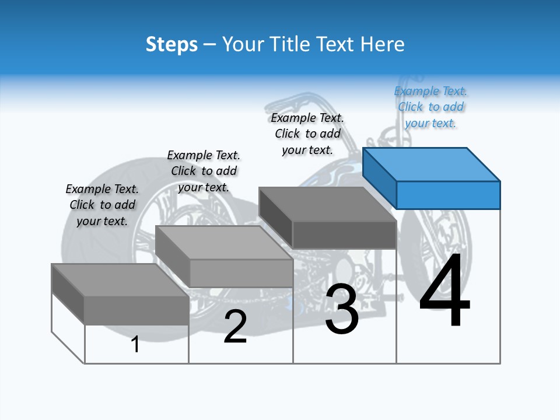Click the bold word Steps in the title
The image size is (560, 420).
click(x=171, y=45)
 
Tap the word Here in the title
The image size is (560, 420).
click(x=382, y=44)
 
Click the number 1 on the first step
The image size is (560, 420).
click(x=135, y=344)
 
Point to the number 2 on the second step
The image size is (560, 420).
click(x=235, y=326)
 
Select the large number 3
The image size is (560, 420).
click(x=342, y=308)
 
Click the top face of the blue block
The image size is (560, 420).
click(x=432, y=164)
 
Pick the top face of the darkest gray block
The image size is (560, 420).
click(x=327, y=204)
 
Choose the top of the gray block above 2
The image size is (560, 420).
click(x=224, y=243)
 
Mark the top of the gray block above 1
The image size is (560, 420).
click(x=120, y=281)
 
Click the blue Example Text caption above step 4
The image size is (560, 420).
click(x=430, y=107)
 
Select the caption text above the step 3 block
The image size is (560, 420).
click(x=307, y=134)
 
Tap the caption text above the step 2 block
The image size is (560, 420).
click(x=204, y=171)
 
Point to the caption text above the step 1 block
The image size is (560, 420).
click(x=102, y=205)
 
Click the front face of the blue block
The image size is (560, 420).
click(x=449, y=195)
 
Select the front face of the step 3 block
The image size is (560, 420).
click(x=344, y=235)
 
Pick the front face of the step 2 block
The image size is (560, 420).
click(x=242, y=273)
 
